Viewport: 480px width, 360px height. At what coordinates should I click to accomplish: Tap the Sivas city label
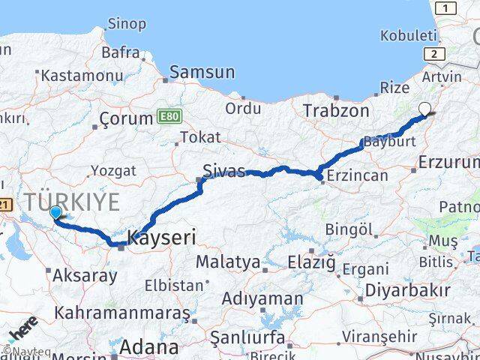click(x=224, y=171)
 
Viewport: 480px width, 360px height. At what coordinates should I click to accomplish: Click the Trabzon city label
click(x=336, y=111)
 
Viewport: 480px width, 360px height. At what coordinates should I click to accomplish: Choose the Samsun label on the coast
click(x=202, y=73)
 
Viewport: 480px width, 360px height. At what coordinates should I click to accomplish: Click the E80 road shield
click(x=169, y=116)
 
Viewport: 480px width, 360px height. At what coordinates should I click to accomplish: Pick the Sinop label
click(x=127, y=24)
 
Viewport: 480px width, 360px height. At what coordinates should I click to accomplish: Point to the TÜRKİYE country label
click(x=72, y=201)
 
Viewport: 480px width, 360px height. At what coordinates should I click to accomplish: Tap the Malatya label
click(x=227, y=262)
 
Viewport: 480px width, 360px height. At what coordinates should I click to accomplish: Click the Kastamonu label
click(x=82, y=76)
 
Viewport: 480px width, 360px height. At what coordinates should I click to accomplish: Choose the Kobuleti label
click(x=408, y=35)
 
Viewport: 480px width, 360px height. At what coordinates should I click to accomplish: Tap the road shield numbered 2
click(x=433, y=54)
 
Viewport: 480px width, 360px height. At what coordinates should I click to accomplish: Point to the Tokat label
click(x=200, y=137)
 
